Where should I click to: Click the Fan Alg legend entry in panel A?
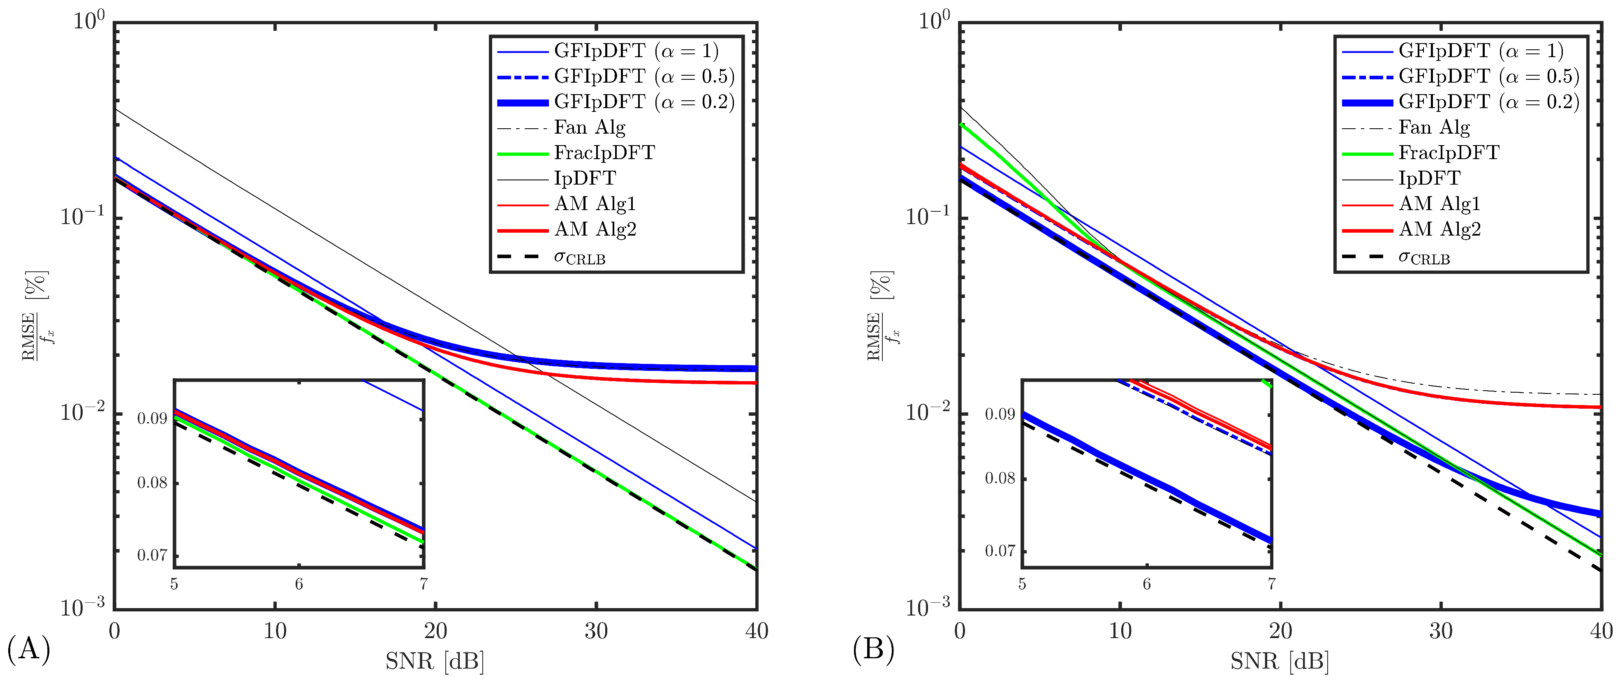(x=589, y=128)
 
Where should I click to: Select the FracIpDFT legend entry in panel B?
(x=1449, y=153)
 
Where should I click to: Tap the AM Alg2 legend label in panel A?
(x=595, y=229)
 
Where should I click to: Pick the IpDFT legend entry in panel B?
(x=1429, y=178)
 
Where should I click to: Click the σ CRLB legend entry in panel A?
(x=579, y=257)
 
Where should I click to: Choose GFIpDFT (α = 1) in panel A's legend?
(x=636, y=51)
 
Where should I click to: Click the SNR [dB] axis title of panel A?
(x=435, y=662)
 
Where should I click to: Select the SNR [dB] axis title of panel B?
(x=1280, y=662)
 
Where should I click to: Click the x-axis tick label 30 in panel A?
(x=595, y=631)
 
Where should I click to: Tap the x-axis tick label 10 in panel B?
(x=1120, y=631)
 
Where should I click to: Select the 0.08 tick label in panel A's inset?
(x=152, y=483)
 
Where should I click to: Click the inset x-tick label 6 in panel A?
(x=299, y=584)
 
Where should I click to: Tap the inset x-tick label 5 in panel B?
(x=1022, y=584)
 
